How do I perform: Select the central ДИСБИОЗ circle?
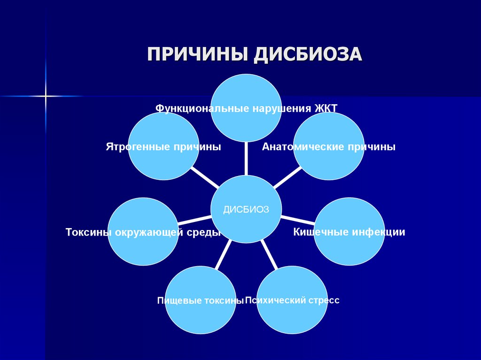[246, 209]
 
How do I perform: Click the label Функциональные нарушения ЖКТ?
[246, 108]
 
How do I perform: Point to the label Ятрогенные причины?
[163, 147]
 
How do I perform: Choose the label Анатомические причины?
[329, 147]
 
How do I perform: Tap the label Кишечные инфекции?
[349, 232]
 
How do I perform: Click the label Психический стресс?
[292, 300]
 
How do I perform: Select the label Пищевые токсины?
[200, 300]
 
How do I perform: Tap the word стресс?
[324, 300]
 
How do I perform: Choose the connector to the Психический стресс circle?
[269, 254]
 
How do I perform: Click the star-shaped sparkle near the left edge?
[46, 96]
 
